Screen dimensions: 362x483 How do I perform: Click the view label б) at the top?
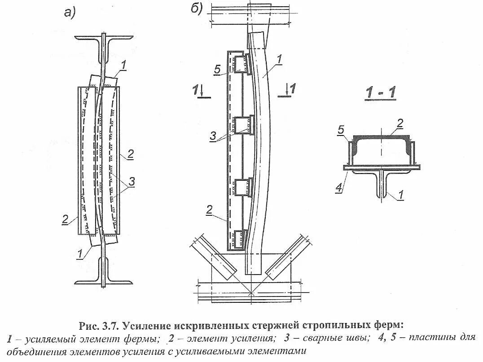point(196,9)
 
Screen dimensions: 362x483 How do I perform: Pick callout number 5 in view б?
point(217,70)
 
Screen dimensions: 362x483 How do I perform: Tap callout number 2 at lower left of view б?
point(208,209)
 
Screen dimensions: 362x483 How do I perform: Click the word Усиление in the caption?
point(150,324)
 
